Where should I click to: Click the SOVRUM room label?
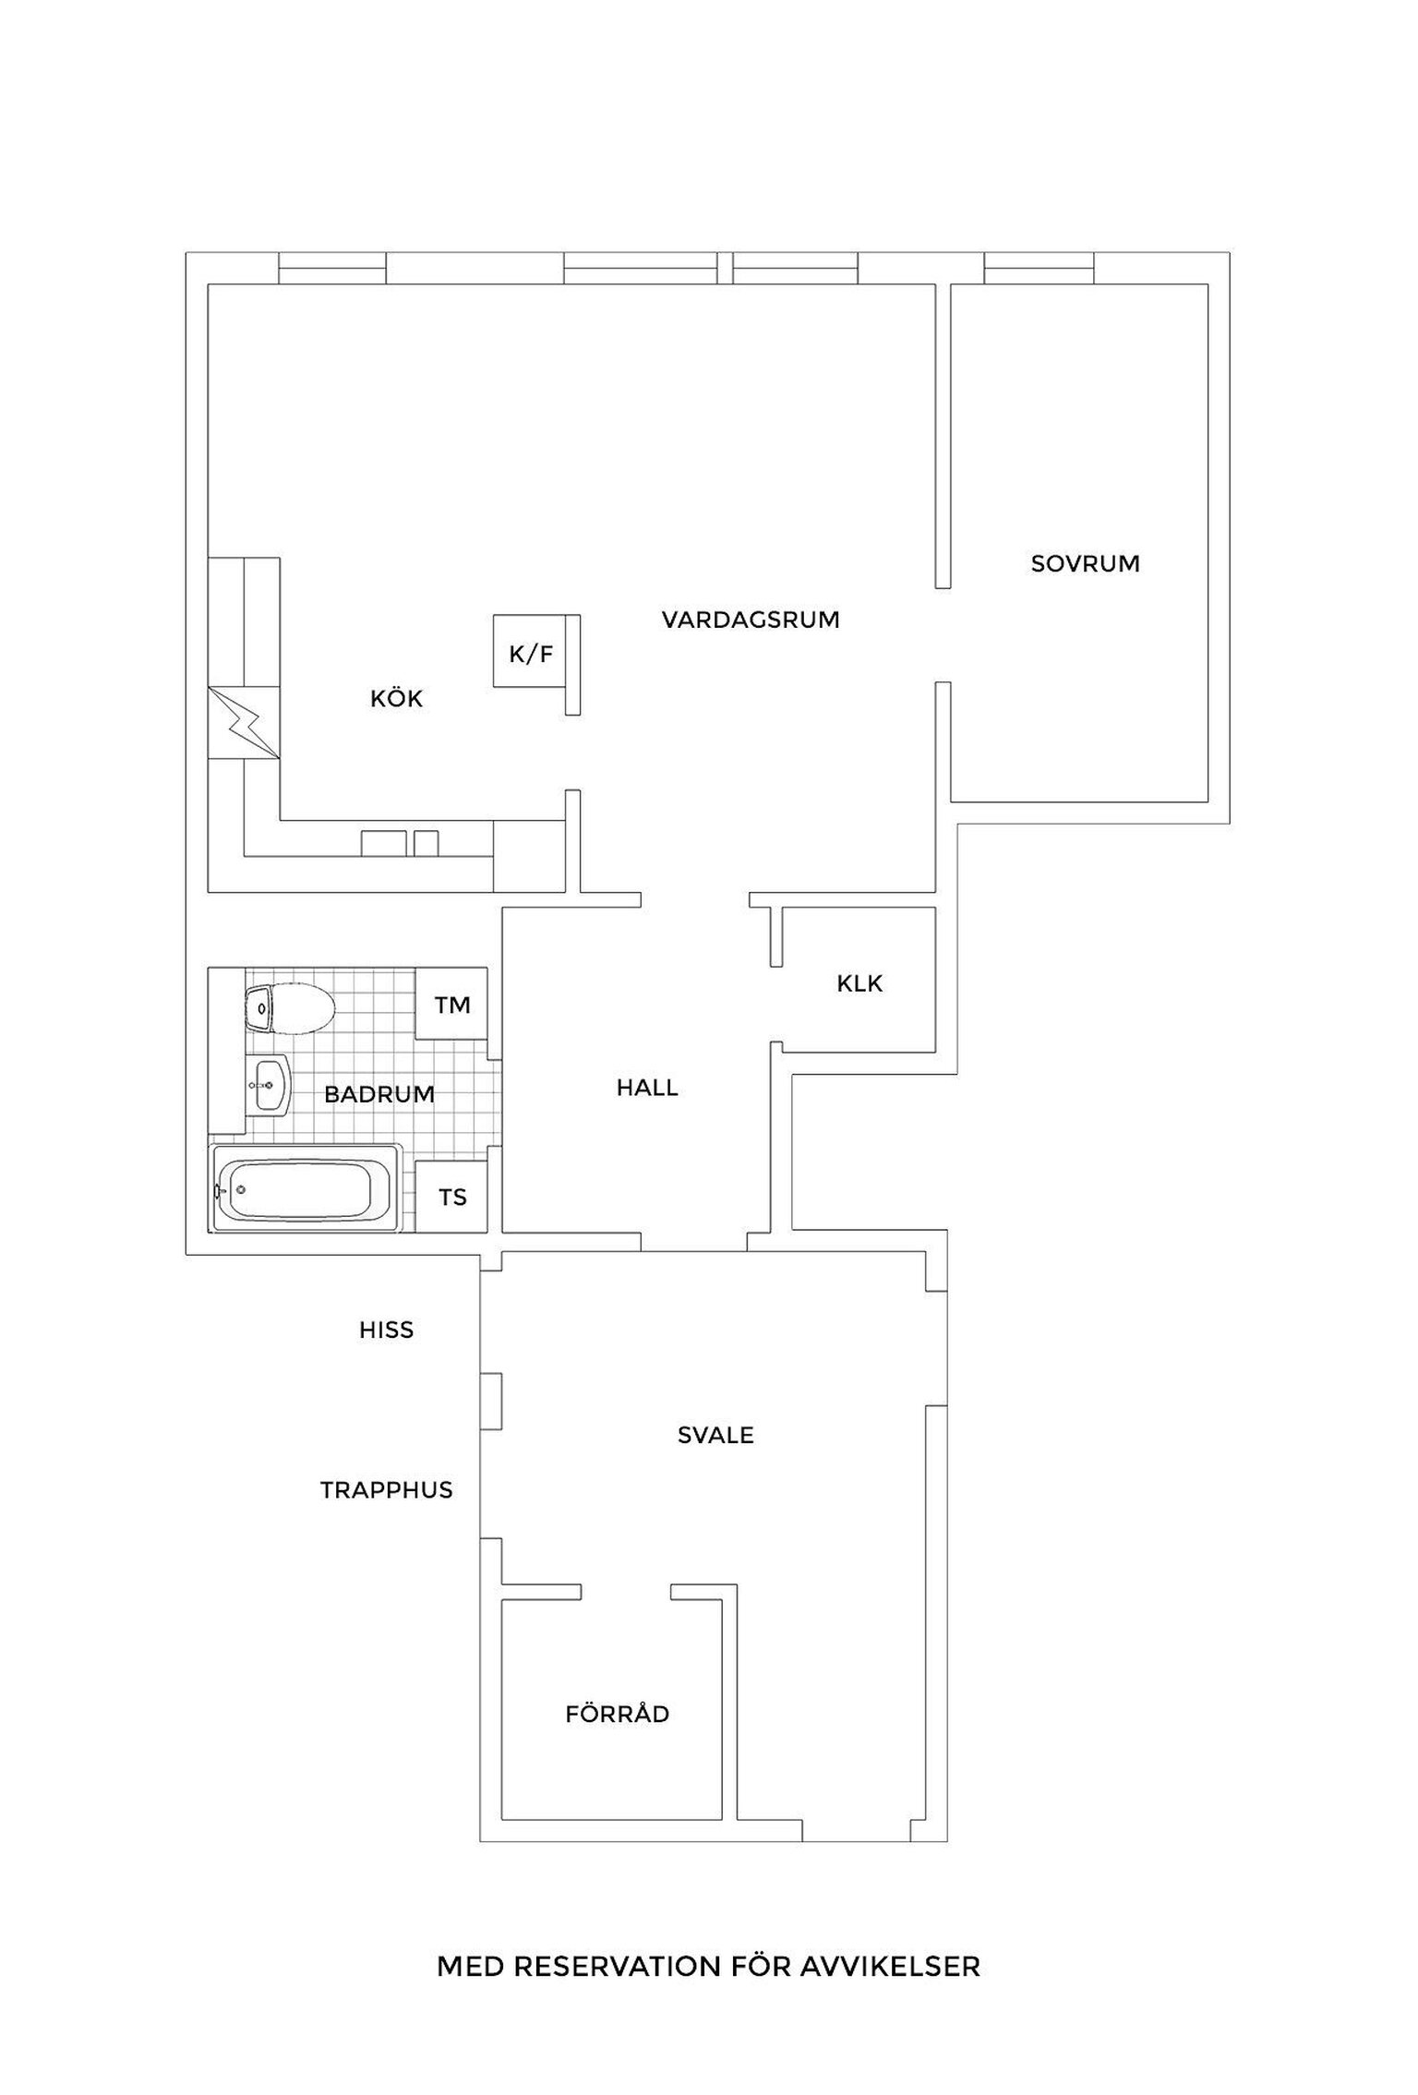click(1085, 563)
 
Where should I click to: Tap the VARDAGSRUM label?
click(751, 620)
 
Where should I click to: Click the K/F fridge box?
click(530, 651)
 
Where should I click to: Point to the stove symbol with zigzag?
click(244, 723)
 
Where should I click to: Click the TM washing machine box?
click(451, 1005)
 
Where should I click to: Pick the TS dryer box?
click(451, 1197)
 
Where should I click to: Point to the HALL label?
click(647, 1088)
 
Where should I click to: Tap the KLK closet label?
click(859, 984)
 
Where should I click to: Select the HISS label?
click(386, 1330)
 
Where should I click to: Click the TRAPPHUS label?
click(387, 1490)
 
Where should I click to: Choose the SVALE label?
click(715, 1436)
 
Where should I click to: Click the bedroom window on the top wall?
click(1039, 268)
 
